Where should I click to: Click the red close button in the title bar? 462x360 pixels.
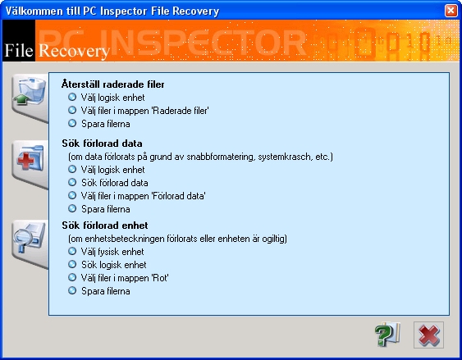click(451, 11)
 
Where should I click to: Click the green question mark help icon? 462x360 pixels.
click(387, 335)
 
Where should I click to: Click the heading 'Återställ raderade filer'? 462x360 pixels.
click(113, 84)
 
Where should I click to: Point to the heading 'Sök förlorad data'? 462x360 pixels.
click(102, 144)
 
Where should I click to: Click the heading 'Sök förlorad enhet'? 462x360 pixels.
click(105, 226)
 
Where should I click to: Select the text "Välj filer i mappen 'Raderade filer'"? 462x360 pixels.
click(144, 111)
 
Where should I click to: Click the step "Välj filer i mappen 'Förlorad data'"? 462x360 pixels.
click(144, 196)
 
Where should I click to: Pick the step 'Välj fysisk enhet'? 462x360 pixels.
click(112, 252)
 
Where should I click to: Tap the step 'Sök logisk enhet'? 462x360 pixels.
click(114, 265)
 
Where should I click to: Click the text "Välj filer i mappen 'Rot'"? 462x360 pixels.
click(125, 278)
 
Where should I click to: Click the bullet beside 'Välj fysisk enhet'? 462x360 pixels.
click(72, 251)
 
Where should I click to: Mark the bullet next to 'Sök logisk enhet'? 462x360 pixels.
click(72, 264)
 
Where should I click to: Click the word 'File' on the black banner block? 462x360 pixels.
click(19, 50)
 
